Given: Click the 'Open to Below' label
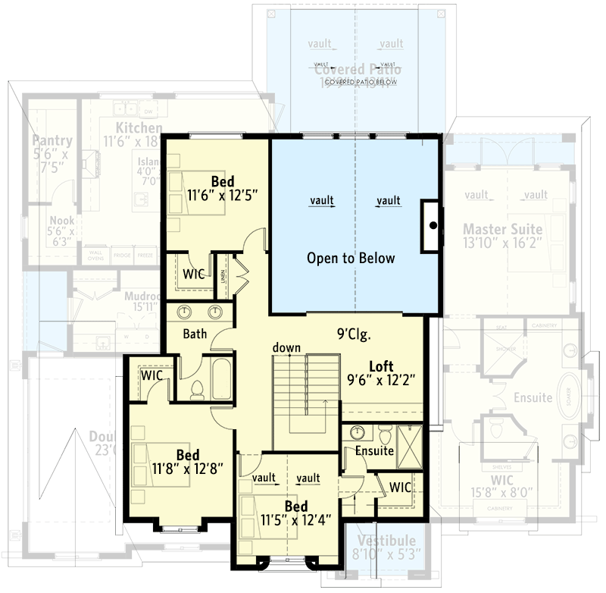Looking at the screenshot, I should pyautogui.click(x=351, y=258).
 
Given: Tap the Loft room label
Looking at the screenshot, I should pyautogui.click(x=381, y=365).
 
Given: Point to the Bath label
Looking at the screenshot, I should pyautogui.click(x=195, y=333).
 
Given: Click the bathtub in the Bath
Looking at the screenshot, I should pyautogui.click(x=221, y=380).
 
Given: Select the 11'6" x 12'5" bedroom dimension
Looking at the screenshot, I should pyautogui.click(x=223, y=194).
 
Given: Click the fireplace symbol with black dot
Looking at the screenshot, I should pyautogui.click(x=432, y=225).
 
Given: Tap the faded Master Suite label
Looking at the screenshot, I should pyautogui.click(x=503, y=229).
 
